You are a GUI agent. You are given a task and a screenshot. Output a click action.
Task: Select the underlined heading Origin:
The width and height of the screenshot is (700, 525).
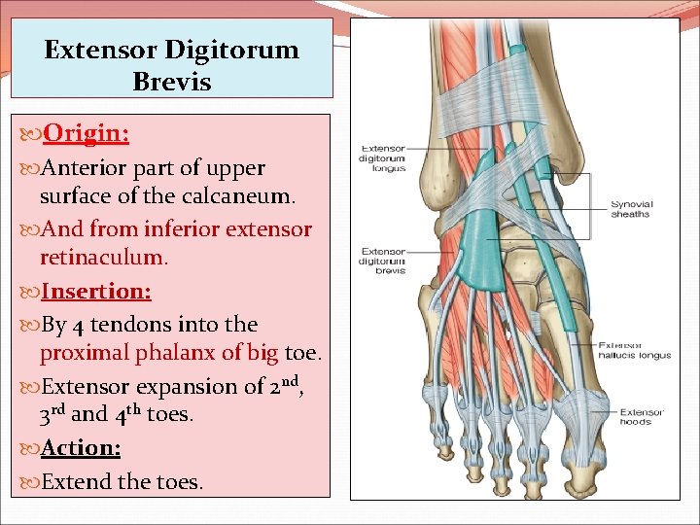click(87, 131)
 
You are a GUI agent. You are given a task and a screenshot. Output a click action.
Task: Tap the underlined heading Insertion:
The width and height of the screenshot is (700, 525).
click(95, 291)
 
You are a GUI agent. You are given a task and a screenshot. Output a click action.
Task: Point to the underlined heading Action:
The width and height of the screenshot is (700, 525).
click(81, 447)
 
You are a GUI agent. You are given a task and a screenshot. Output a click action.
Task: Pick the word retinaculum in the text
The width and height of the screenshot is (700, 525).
click(103, 259)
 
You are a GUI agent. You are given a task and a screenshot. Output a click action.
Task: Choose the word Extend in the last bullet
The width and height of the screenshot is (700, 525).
click(74, 480)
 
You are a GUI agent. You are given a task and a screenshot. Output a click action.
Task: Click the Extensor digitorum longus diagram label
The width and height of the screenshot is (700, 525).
click(382, 157)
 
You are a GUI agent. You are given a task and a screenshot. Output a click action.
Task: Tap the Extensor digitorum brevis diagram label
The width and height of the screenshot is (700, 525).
click(382, 261)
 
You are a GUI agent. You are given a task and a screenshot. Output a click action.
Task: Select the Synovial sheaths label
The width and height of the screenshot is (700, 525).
click(631, 209)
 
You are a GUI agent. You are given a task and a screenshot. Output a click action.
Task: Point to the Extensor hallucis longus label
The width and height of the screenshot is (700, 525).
click(635, 350)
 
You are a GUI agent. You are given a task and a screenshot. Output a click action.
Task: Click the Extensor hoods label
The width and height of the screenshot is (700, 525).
click(641, 416)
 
